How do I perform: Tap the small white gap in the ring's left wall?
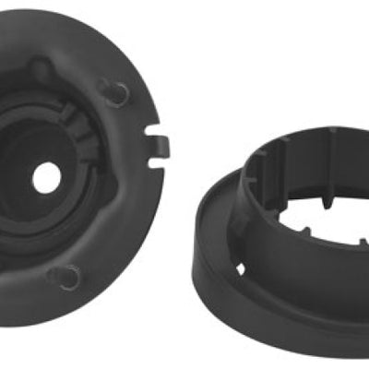tap(239, 268)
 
